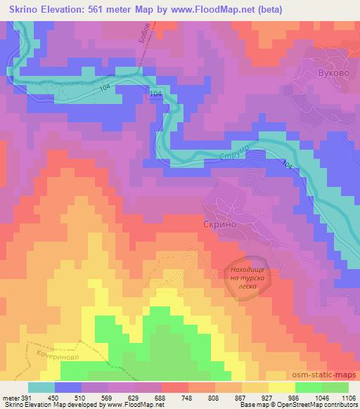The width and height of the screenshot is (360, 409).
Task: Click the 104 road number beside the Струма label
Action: tap(286, 165)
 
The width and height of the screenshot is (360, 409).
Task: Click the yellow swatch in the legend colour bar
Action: tap(282, 387)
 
